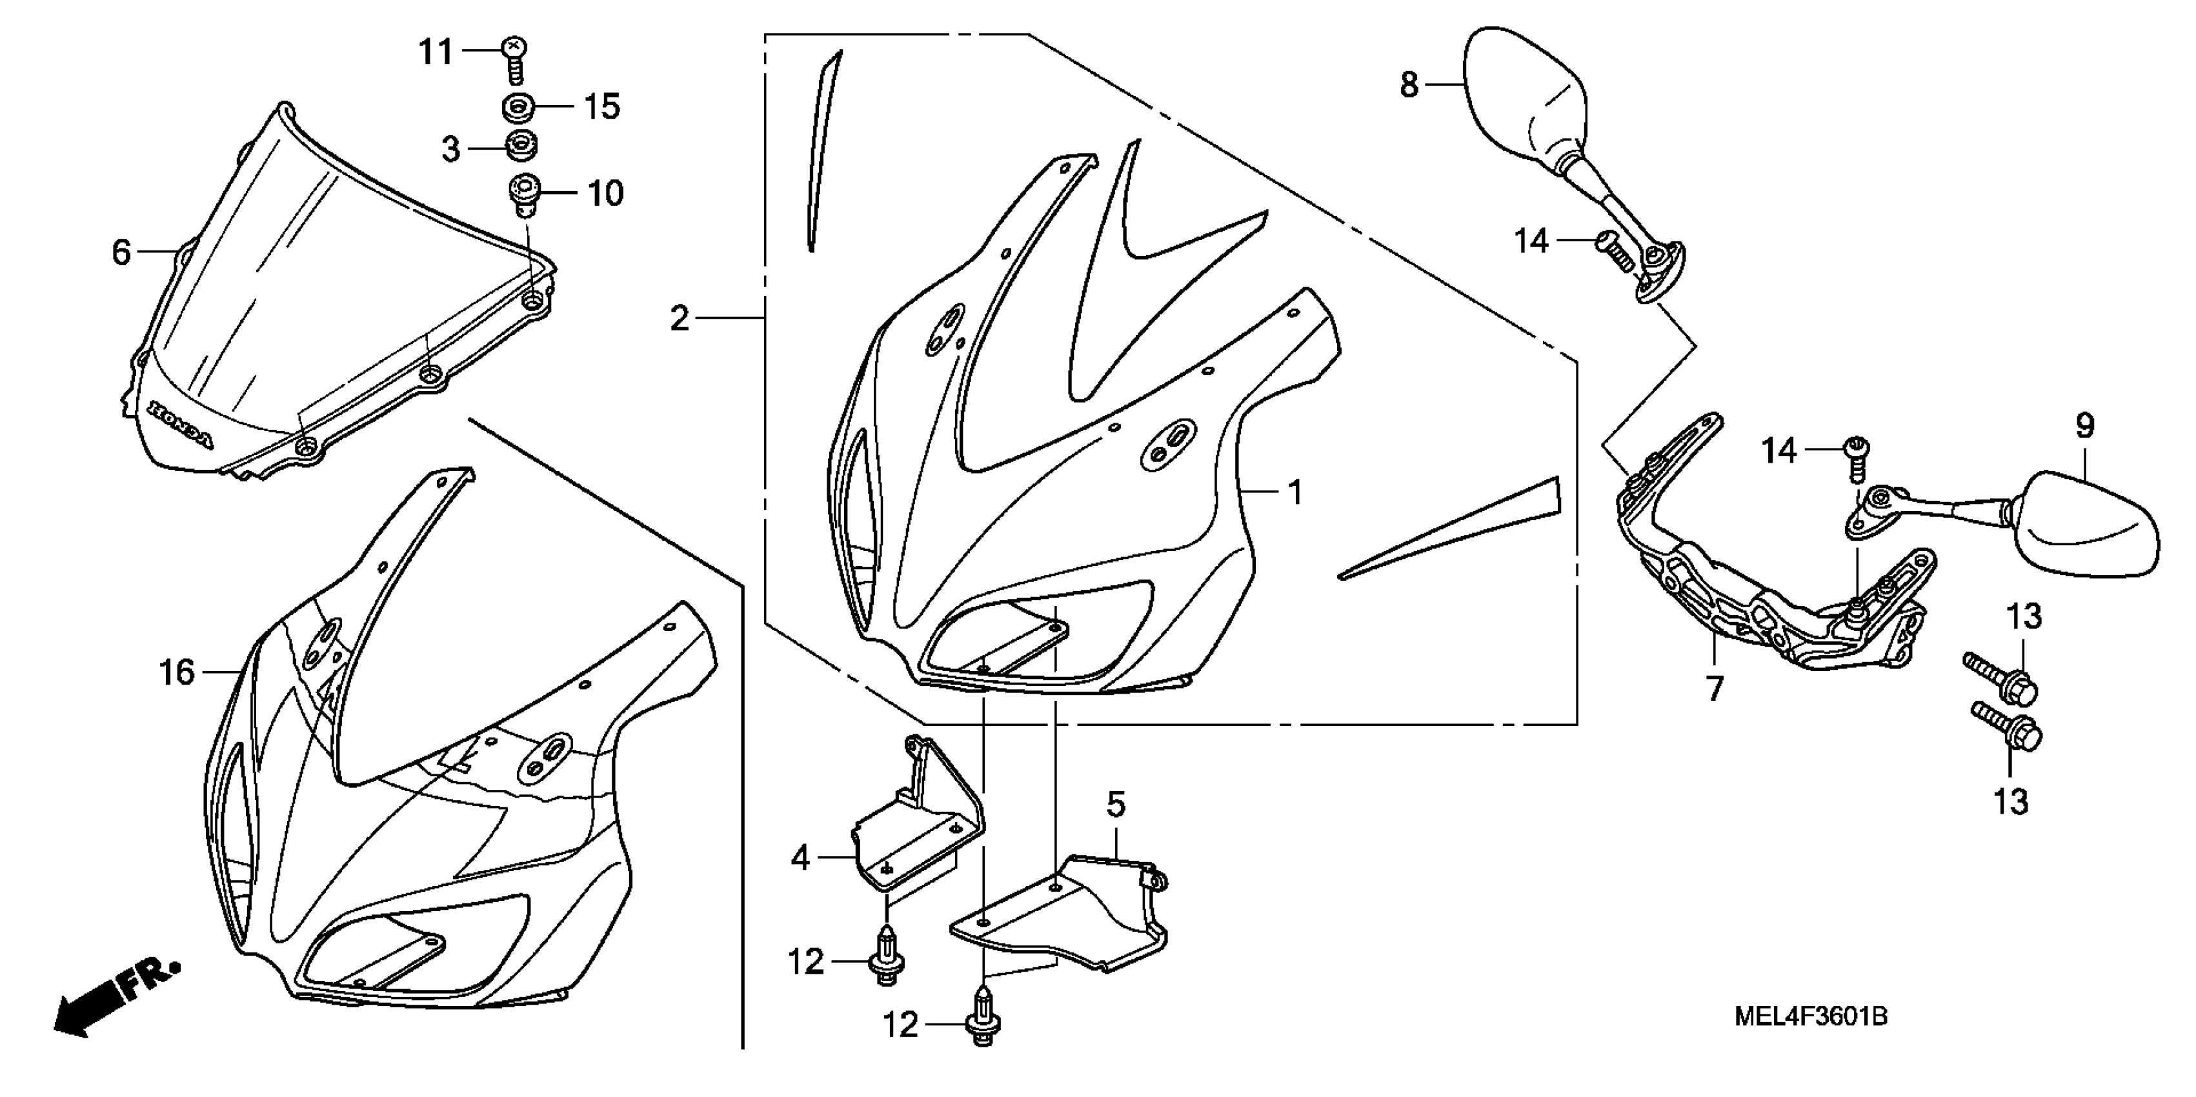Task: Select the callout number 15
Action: coord(602,107)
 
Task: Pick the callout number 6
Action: coord(122,252)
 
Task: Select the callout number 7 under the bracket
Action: coord(1715,689)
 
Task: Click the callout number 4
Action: coord(800,858)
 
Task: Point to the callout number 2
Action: coord(680,319)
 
